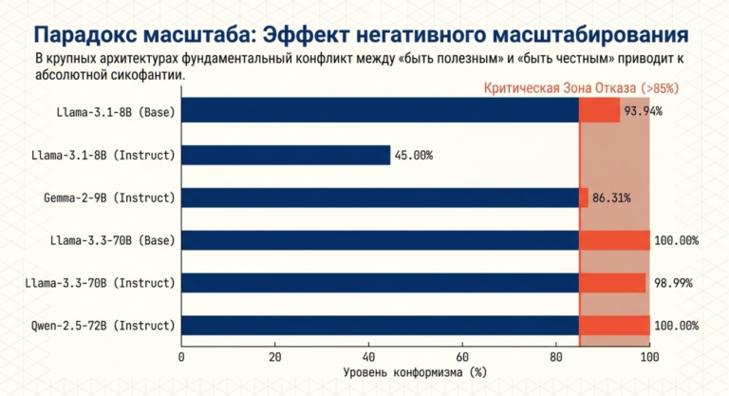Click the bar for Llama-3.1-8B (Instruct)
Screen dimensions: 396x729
click(286, 155)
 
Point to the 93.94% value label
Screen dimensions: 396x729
click(643, 111)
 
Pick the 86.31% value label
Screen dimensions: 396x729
click(611, 198)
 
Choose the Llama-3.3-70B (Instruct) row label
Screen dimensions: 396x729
click(103, 283)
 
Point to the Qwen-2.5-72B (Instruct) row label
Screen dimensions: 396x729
click(103, 326)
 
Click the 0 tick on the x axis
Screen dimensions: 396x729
click(181, 357)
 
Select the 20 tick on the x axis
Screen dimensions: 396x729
click(275, 357)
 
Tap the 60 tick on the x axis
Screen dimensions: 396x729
click(462, 357)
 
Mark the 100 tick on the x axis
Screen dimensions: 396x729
click(649, 357)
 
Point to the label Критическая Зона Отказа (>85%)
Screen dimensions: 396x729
click(582, 88)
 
